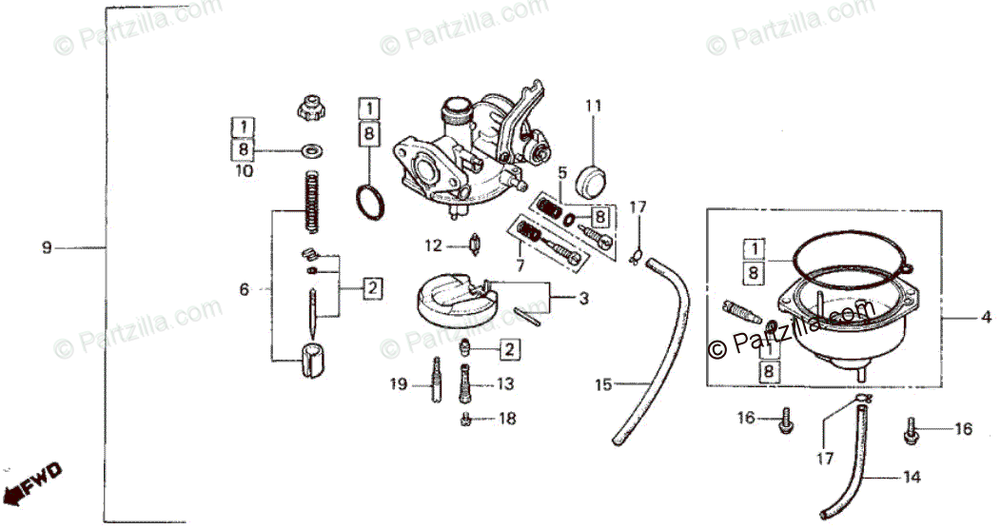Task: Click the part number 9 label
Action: pos(47,248)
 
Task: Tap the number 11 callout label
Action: pos(594,105)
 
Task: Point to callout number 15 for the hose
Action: pos(602,385)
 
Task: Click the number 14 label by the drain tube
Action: pos(912,478)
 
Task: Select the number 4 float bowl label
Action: pos(986,316)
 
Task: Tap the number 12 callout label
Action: pos(434,245)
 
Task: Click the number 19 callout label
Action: pos(398,384)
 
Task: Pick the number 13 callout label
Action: pos(504,384)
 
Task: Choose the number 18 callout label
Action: pos(507,419)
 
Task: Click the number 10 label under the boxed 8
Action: pos(244,171)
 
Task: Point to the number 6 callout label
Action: pos(245,288)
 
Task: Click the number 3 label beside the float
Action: pos(583,298)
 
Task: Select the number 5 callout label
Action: pos(562,172)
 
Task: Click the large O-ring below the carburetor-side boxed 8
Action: pos(370,202)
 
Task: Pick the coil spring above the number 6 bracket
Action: pos(311,200)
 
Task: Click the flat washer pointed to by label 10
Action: pos(310,150)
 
